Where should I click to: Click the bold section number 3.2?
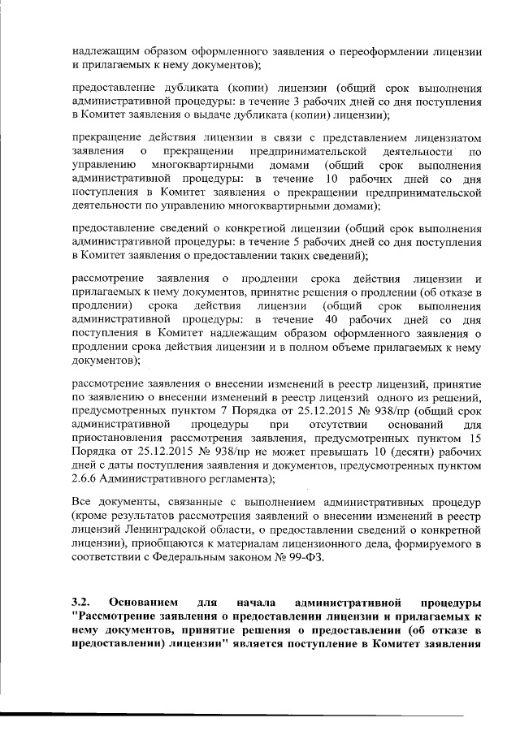coord(80,603)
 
